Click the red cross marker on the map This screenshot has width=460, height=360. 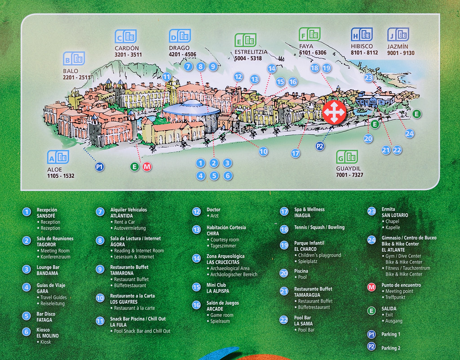pos(334,112)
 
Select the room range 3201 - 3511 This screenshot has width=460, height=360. pos(128,55)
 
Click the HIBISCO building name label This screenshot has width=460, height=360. pos(362,46)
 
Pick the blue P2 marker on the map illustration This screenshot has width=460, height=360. pos(320,146)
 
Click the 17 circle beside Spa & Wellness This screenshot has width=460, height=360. pos(284,211)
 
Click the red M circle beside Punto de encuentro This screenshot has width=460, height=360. pos(372,287)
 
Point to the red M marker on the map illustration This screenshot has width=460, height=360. pos(147,167)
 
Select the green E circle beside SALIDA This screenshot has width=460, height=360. pos(372,311)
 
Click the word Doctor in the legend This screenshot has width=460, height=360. pos(213,210)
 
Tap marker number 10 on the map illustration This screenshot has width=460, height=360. pos(263,151)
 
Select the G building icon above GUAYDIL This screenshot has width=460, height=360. pos(347,156)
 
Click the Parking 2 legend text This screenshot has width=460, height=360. pos(390,348)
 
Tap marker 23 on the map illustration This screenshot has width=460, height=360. pos(369,78)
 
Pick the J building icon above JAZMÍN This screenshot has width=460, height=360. pos(398,35)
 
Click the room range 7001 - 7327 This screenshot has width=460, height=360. pos(349,175)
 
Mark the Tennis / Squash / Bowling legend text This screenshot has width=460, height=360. pos(319,227)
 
